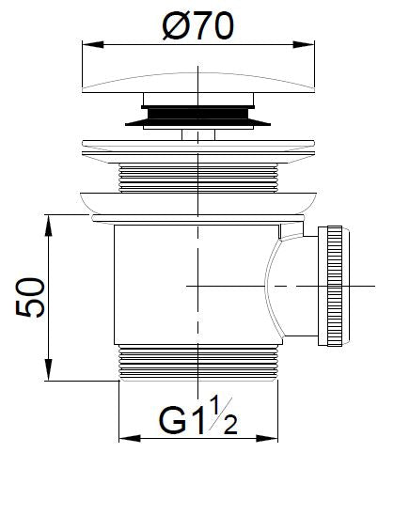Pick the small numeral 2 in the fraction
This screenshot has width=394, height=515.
point(229,423)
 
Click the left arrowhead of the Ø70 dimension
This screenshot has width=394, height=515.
point(87,43)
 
